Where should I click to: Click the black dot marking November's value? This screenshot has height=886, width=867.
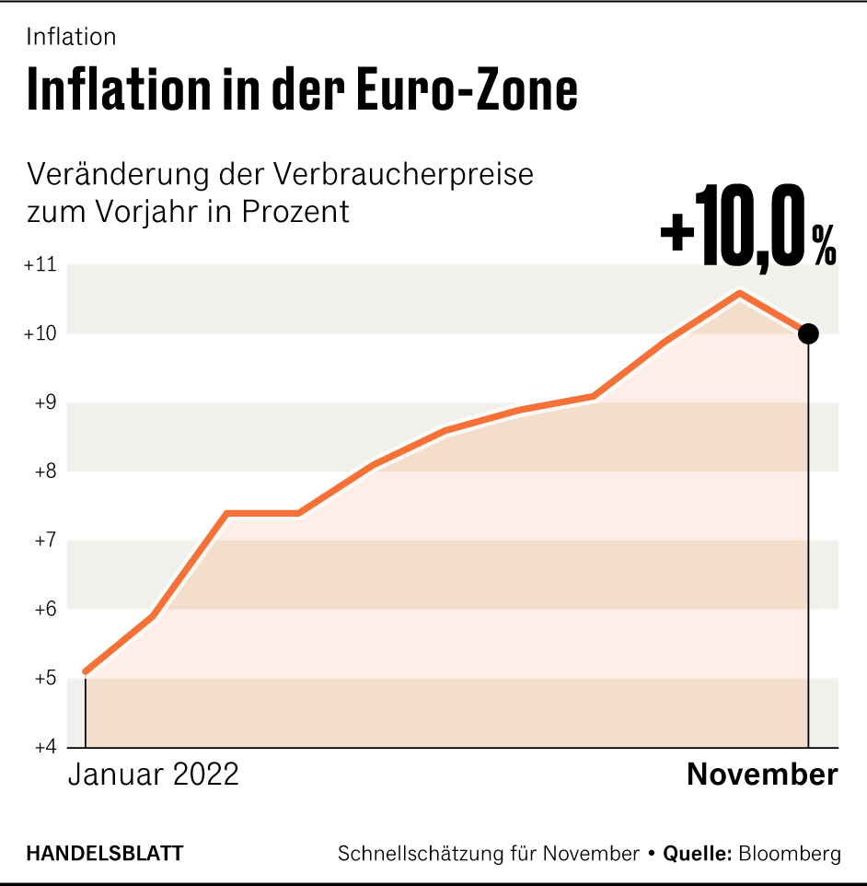click(808, 333)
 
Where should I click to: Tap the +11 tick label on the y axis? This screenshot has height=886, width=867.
click(40, 265)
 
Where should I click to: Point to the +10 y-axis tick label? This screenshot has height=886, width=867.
click(40, 334)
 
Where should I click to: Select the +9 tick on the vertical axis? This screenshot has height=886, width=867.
click(42, 402)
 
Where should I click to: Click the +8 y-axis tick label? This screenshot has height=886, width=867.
click(42, 472)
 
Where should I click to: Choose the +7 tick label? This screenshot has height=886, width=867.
click(42, 541)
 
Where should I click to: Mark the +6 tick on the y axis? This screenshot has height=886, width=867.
click(42, 610)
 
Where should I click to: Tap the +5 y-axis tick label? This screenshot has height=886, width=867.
click(42, 679)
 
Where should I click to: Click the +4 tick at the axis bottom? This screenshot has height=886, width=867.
click(42, 746)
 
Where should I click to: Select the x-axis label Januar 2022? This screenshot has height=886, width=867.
click(153, 775)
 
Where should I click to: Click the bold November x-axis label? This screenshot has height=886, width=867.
click(762, 775)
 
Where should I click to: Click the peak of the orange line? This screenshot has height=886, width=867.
click(738, 293)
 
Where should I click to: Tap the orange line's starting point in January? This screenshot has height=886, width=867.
click(86, 671)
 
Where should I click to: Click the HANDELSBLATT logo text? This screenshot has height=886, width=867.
click(105, 854)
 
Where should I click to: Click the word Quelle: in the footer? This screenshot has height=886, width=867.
click(697, 854)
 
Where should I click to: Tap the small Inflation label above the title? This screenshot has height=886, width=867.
click(71, 37)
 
